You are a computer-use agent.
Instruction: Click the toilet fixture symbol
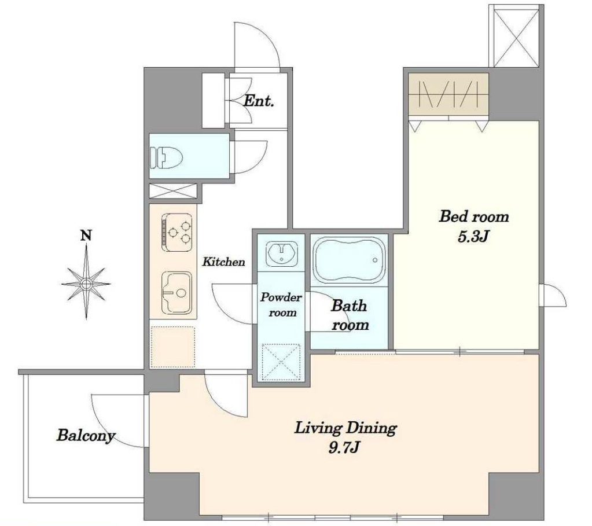tap(166, 157)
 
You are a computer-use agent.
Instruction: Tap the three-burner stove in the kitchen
tap(177, 232)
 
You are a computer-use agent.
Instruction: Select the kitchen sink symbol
tap(177, 293)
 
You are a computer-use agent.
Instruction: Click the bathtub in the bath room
tap(350, 260)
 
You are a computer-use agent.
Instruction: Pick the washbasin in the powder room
tap(282, 252)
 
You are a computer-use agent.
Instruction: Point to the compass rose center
tap(86, 283)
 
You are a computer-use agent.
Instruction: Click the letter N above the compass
tap(86, 236)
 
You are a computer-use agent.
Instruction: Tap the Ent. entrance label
tap(259, 101)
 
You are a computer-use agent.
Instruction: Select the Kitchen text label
tap(223, 262)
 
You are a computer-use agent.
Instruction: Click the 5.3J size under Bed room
tap(474, 237)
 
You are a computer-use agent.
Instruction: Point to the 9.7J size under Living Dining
tap(344, 448)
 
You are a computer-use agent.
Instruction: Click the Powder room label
tap(281, 305)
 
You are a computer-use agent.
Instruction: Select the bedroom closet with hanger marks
tap(448, 94)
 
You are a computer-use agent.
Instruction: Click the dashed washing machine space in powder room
tap(281, 362)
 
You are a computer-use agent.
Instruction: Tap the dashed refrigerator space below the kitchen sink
tap(173, 347)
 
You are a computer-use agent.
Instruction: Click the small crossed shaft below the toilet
tap(173, 191)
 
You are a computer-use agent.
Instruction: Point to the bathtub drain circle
tap(375, 260)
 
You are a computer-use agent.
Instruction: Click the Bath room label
tap(350, 315)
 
